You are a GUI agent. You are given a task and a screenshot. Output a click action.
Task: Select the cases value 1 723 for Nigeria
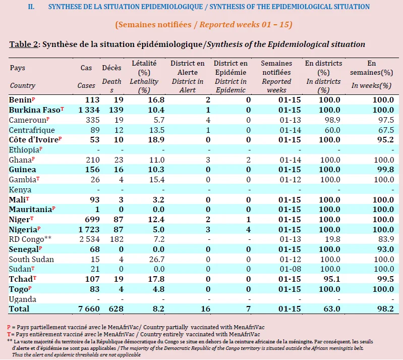coord(89,229)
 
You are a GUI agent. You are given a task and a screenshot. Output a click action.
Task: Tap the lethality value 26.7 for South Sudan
coord(157,259)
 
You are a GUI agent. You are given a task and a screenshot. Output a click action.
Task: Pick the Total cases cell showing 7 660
coord(89,309)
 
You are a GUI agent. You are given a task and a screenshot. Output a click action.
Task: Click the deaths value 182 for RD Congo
coord(117,239)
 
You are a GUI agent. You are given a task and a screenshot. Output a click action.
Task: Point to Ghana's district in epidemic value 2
coord(248,160)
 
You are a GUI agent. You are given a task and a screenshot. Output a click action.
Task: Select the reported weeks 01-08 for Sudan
coord(290,269)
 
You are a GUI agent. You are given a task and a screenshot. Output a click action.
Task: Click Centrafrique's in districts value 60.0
coord(332,130)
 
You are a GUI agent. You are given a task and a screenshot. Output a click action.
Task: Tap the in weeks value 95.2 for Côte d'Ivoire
coord(385,139)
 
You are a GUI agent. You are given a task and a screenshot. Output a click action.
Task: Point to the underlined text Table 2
coord(24,44)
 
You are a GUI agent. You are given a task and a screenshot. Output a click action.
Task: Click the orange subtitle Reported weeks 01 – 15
coord(246,24)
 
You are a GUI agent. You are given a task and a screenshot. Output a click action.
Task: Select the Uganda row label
coord(23,299)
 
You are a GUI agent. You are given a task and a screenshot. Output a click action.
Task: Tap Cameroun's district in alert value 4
coord(208,120)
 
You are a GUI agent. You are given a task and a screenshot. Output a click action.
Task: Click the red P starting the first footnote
coord(9,327)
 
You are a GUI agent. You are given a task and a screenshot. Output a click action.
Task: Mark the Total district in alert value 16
coord(206,309)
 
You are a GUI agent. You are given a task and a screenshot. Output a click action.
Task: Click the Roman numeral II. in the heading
coord(31,7)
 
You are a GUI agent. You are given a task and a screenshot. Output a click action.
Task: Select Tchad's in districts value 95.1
coord(332,279)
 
